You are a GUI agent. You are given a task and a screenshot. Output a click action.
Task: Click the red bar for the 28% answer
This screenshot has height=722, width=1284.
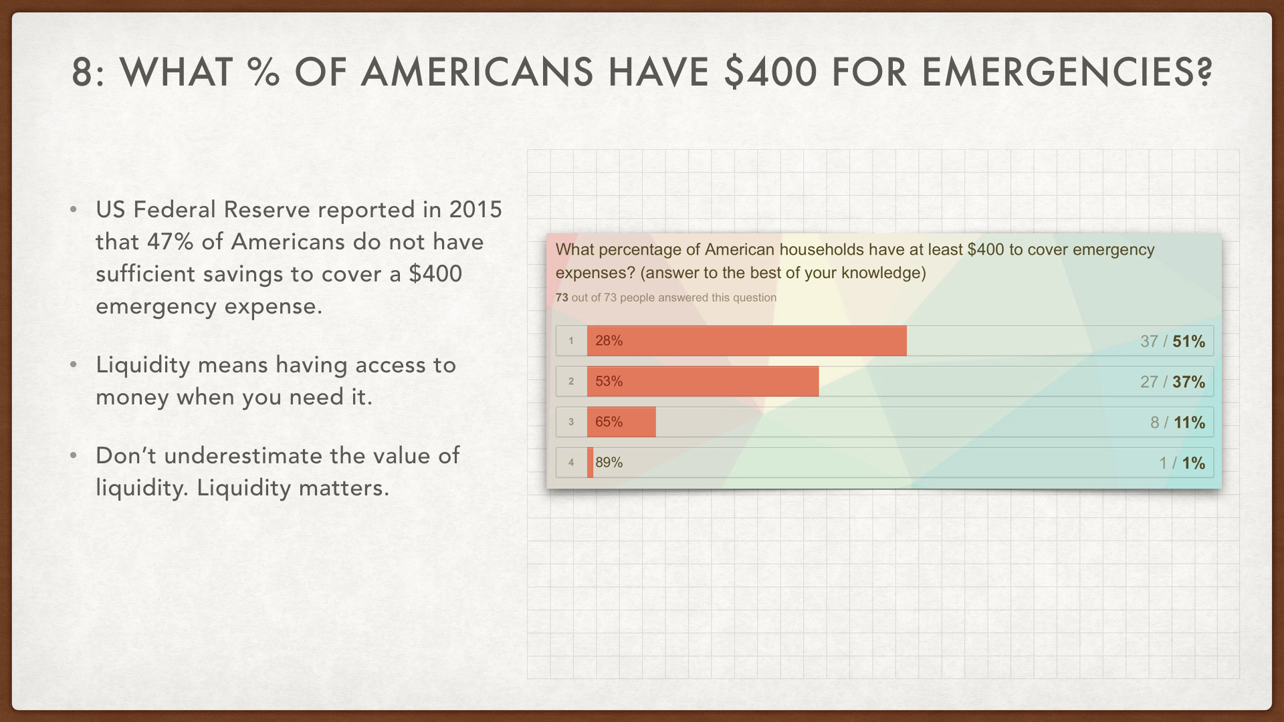[746, 341]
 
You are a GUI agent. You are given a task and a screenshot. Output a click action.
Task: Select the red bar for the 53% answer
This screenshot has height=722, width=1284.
[702, 382]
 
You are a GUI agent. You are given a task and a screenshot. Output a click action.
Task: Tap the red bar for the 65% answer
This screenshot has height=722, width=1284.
[621, 422]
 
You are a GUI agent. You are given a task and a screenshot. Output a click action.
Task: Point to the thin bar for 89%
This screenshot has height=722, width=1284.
[590, 463]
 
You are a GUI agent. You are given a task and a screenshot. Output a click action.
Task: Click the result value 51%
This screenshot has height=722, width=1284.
[1188, 342]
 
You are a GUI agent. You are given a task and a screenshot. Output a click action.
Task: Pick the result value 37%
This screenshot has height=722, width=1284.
[1188, 382]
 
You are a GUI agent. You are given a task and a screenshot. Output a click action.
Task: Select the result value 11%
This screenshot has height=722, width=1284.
[1189, 423]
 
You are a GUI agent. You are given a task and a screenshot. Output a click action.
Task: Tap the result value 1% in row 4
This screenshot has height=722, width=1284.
[1193, 463]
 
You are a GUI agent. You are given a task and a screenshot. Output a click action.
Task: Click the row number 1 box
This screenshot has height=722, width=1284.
[571, 341]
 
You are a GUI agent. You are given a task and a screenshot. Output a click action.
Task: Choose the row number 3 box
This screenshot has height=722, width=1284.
[571, 422]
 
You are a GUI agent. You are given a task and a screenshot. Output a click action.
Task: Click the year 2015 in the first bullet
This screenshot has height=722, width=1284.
[475, 210]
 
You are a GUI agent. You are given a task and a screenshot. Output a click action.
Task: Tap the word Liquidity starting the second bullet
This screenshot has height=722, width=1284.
[143, 366]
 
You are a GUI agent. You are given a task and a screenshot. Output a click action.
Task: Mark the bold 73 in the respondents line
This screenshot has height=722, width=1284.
[562, 297]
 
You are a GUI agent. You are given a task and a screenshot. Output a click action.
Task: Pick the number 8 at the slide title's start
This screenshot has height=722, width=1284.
[82, 72]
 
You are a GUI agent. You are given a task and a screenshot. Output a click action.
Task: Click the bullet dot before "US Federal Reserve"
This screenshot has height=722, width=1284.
[74, 210]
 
